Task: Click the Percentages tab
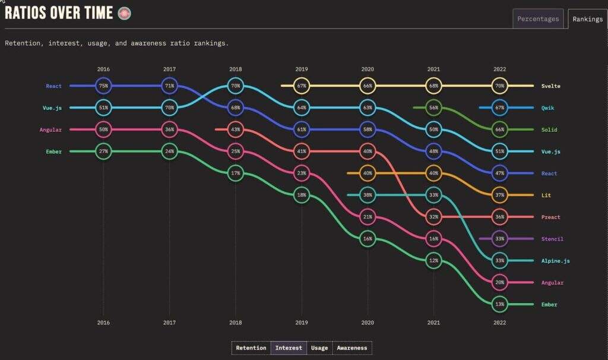538,19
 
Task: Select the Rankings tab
587,19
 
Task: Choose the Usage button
319,348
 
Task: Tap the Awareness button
352,348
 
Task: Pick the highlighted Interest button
289,348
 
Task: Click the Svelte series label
550,86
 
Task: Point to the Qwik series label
549,108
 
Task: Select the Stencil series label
552,239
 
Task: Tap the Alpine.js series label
555,261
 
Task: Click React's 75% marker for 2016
104,86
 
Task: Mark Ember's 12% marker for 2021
434,261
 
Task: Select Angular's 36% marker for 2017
170,130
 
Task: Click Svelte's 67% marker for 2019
302,86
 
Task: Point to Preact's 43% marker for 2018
236,130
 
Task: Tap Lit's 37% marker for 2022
500,195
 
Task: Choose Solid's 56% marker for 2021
434,108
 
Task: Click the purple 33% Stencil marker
500,239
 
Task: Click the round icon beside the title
124,13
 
